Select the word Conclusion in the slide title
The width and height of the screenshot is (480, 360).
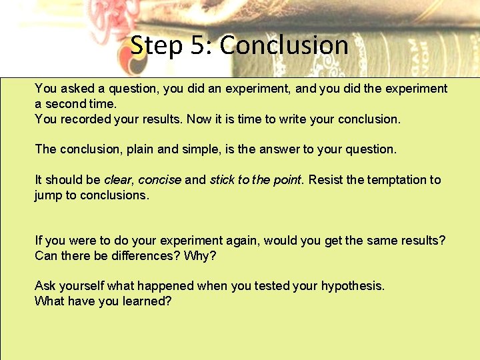284,45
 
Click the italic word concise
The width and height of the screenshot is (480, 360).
159,180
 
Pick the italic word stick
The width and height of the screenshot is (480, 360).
223,180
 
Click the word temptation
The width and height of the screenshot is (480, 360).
394,180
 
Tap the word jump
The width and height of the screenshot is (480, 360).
48,195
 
